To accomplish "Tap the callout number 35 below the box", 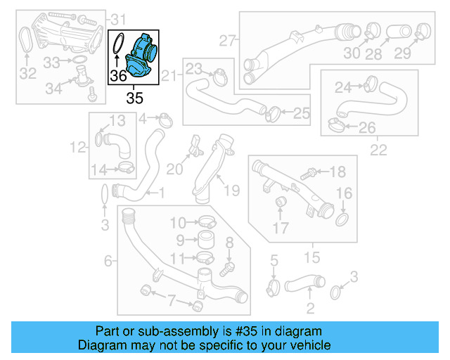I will point(133,94).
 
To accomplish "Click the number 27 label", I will point(226,41).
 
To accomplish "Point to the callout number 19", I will point(232,190).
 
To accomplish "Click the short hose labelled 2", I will point(309,284).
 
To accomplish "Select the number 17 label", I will point(280,228).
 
